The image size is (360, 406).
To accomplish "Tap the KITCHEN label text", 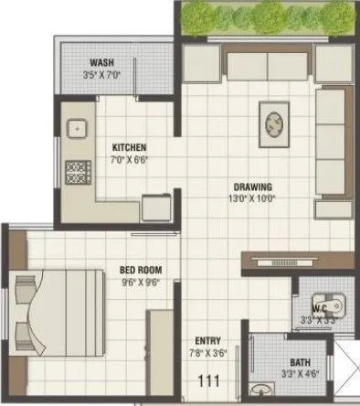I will point(129,147).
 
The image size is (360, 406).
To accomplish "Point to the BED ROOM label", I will point(141,270).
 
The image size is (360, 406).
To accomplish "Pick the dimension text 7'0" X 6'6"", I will point(129,160).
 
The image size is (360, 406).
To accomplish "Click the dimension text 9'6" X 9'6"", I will point(141,283).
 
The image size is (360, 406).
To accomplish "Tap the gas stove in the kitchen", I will point(76,170).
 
